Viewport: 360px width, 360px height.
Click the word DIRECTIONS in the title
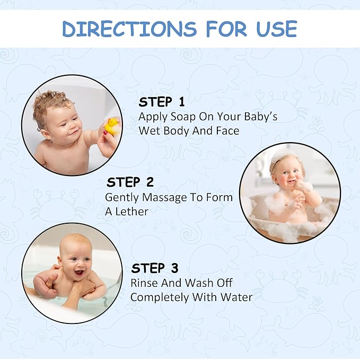129,29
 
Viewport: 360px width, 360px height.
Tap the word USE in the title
277,29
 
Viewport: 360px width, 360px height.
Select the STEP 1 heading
162,102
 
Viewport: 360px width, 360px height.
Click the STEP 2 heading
130,182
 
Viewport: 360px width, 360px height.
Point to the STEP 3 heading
155,268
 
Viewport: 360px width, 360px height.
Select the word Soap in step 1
183,117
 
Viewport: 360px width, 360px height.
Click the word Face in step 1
227,131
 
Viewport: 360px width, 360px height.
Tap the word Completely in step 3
160,298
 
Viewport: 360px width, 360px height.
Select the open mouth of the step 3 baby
80,273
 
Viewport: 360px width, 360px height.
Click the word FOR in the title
226,29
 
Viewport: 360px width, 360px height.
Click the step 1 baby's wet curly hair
49,103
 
